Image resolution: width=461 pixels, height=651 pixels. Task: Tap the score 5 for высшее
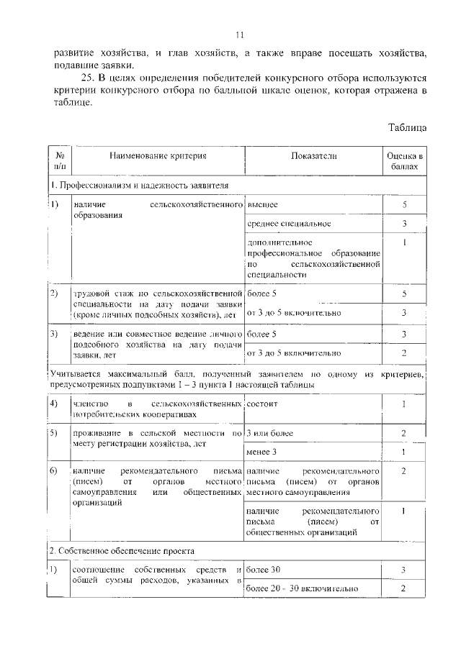[x=404, y=205]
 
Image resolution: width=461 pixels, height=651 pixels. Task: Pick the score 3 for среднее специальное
[x=404, y=224]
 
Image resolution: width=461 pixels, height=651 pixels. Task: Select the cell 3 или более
[x=269, y=433]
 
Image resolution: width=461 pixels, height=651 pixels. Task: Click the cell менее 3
[x=261, y=451]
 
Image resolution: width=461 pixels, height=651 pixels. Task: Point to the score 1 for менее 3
[x=404, y=451]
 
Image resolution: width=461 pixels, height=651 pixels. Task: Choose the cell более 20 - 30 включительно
[x=302, y=588]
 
